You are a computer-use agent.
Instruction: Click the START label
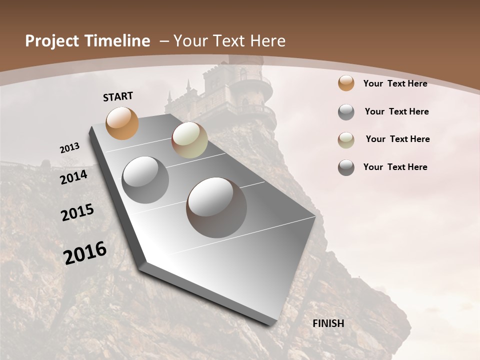click(118, 96)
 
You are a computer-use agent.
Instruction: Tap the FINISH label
click(328, 323)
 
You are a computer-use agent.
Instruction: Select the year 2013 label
click(69, 148)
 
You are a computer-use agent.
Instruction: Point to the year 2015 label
click(77, 212)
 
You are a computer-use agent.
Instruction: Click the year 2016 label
click(85, 252)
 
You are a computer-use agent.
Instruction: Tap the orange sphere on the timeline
click(122, 123)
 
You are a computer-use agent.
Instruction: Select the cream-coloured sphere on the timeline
click(189, 140)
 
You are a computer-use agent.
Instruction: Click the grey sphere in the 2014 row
click(145, 180)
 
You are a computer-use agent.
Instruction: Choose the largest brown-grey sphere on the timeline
click(216, 207)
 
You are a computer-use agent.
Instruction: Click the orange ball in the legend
click(346, 83)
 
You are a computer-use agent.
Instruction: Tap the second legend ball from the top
click(346, 112)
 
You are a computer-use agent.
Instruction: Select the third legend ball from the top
click(346, 140)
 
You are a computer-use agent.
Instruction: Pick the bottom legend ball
click(346, 167)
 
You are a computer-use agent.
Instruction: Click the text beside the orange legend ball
click(395, 83)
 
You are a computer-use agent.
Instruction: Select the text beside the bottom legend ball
click(395, 167)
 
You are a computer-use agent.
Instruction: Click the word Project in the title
click(52, 41)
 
